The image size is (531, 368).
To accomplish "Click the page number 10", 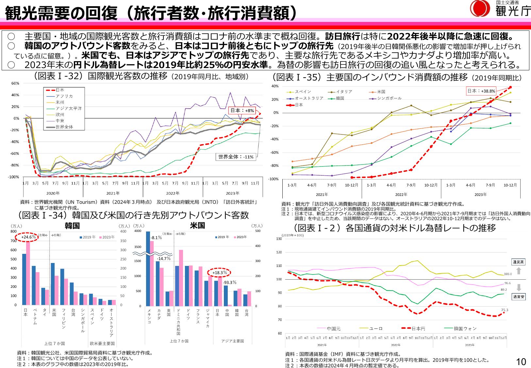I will pos(521,361).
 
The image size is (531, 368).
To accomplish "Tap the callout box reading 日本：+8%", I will pos(242,111).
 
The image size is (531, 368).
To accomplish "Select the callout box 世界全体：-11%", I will pos(236,157).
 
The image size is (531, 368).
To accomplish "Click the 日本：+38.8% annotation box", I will pos(481,91).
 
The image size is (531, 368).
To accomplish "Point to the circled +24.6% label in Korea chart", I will pos(28,237).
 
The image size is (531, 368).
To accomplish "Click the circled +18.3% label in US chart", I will pos(219,272).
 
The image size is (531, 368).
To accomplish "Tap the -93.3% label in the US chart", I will pos(230,282).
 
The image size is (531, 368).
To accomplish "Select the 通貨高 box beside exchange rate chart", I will pos(518,262).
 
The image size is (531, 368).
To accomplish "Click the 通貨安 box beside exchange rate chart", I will pos(518,297).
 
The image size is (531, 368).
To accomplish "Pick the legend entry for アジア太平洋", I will pos(68,108).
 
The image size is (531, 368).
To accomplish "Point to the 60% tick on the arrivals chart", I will pos(15,83).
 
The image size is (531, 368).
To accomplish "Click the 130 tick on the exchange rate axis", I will pos(279,239).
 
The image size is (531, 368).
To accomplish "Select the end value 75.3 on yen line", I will pos(505,310).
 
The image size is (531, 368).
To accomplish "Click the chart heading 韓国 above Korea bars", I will pos(72,226).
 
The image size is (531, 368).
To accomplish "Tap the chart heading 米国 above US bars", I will pos(197,225).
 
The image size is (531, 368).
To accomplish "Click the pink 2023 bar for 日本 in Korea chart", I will pos(28,273).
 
